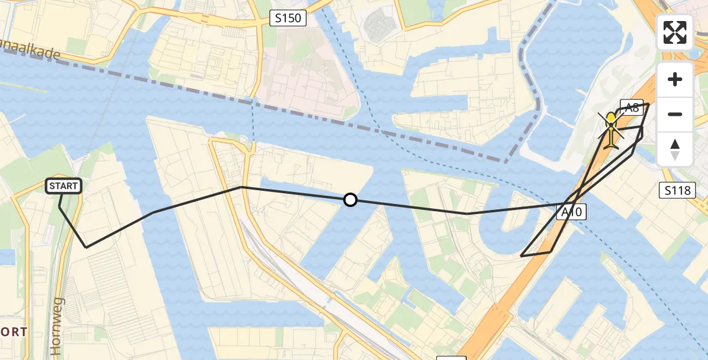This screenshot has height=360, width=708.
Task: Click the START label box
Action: point(64,186)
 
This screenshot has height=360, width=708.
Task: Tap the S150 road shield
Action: point(288,19)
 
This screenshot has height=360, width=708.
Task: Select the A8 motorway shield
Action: point(631,107)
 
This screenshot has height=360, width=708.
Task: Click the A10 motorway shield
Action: point(571,211)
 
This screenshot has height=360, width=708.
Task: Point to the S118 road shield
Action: point(677,191)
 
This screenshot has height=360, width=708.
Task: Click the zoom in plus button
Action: point(675,79)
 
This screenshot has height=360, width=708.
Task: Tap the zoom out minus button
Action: point(675,114)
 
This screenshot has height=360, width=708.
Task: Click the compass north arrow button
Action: point(675,149)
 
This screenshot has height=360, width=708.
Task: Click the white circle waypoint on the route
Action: point(350,200)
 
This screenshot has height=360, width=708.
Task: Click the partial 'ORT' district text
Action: point(13,332)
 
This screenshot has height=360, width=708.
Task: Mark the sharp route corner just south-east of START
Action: point(86,247)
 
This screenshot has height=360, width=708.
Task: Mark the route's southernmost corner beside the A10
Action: point(521,256)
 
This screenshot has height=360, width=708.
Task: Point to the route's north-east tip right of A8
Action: point(649,104)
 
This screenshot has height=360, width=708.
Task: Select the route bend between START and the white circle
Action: point(241,187)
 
